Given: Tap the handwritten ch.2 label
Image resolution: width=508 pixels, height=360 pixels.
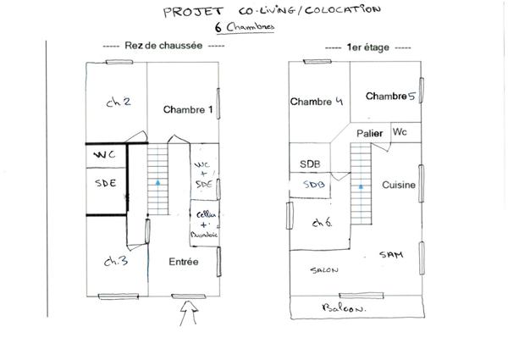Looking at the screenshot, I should (x=119, y=102).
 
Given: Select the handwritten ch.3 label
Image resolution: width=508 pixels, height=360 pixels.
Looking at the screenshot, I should (x=117, y=262).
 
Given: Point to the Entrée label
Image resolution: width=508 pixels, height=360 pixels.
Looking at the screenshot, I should (x=183, y=263).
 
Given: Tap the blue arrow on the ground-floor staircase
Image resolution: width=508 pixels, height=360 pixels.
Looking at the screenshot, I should (x=158, y=181).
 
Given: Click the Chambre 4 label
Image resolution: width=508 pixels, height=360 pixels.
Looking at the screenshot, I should (x=316, y=102).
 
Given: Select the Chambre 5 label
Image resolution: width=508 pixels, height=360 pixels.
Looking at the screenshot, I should (x=390, y=97).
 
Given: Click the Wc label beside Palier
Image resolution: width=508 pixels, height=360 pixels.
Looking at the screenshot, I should (x=400, y=132).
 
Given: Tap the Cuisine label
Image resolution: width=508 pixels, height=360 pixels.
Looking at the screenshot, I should (x=399, y=185).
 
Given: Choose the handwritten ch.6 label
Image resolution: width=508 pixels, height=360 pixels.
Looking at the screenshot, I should (x=322, y=223).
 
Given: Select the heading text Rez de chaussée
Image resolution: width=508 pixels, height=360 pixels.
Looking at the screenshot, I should (x=163, y=47).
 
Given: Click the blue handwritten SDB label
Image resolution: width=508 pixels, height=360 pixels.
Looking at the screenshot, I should (x=314, y=184).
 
